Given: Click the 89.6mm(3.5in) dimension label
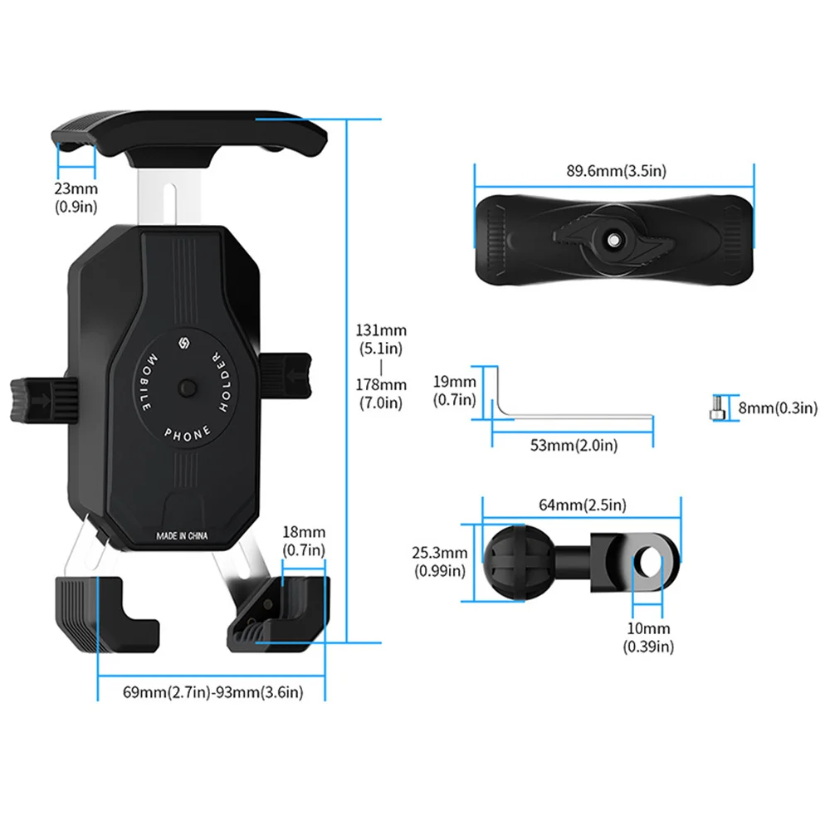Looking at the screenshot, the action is point(616,171).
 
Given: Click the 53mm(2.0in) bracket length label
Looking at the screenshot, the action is point(574,446).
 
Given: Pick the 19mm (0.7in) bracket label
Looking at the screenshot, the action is point(455,391).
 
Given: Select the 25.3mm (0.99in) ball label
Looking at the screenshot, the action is point(440,561).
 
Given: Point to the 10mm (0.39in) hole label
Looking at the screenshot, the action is point(648,637).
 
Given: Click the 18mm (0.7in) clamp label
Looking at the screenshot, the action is point(304,540).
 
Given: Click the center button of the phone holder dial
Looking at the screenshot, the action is point(186,388).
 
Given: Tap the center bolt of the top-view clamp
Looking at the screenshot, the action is point(613,239).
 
